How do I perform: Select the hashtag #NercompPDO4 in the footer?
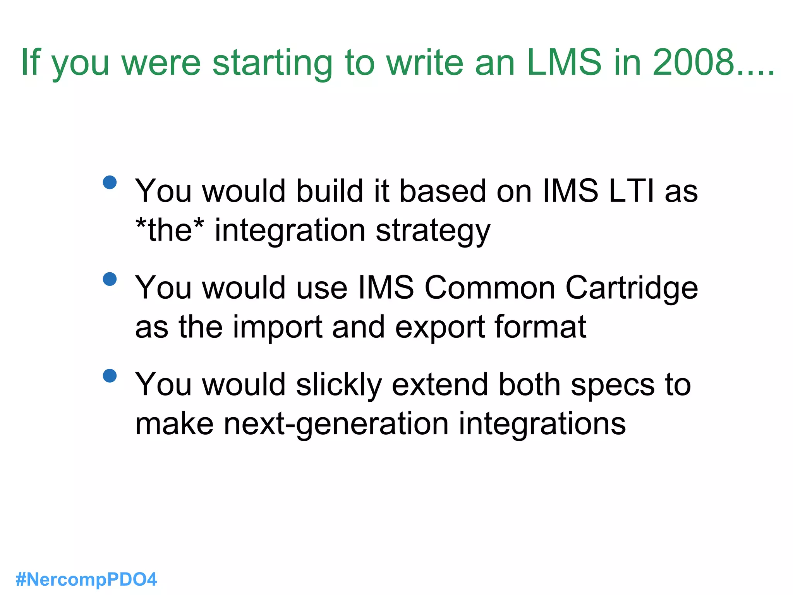pyautogui.click(x=86, y=580)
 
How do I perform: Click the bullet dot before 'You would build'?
pyautogui.click(x=110, y=182)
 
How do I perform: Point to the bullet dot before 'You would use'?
pyautogui.click(x=110, y=279)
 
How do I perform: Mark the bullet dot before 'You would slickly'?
pyautogui.click(x=110, y=375)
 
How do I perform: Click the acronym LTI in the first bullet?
pyautogui.click(x=631, y=191)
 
